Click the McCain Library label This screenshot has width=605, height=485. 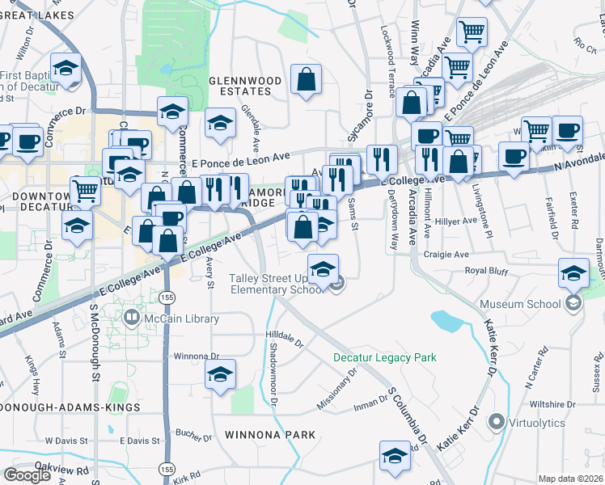click(x=171, y=318)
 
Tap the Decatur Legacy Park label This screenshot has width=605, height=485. click(x=385, y=357)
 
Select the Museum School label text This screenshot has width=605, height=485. click(x=520, y=304)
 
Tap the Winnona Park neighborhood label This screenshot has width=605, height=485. click(x=270, y=435)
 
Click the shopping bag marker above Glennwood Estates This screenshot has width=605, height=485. click(x=307, y=80)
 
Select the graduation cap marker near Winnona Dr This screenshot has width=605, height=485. click(x=219, y=374)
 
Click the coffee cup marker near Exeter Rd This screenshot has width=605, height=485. click(x=567, y=132)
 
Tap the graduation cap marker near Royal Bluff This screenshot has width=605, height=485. click(x=573, y=273)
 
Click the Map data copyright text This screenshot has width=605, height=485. click(x=570, y=479)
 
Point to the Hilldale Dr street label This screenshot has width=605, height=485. click(x=284, y=335)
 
